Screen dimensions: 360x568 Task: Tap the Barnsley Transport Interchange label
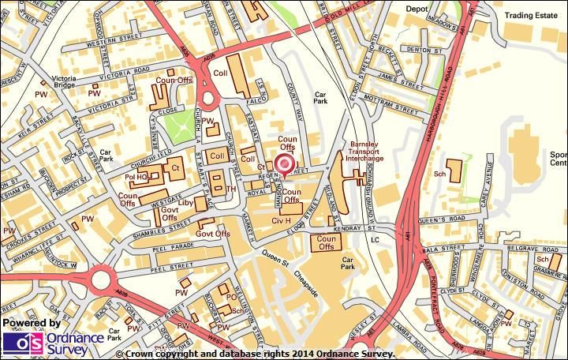point(366,152)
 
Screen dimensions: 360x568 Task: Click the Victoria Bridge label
point(64,83)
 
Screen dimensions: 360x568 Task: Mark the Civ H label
point(282,219)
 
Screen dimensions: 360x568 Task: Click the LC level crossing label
point(375,239)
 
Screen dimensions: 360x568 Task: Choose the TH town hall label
point(231,189)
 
